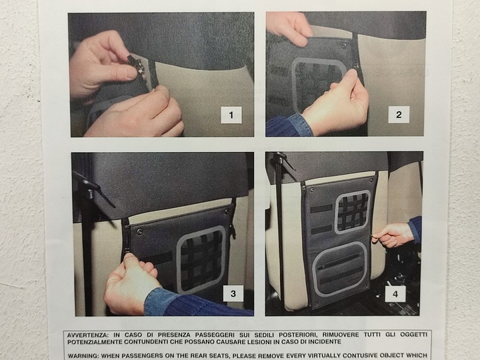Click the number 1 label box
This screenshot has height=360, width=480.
point(231,115)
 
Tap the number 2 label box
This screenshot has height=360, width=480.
point(399,115)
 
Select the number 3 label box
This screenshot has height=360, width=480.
point(233,293)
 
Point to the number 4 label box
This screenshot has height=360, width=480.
point(395,294)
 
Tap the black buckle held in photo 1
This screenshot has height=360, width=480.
point(136,65)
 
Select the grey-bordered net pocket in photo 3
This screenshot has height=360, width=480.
point(201,260)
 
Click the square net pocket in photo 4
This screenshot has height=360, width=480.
point(353,212)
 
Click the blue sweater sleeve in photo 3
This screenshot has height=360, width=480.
point(196,303)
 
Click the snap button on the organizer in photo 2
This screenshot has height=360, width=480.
point(344,45)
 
